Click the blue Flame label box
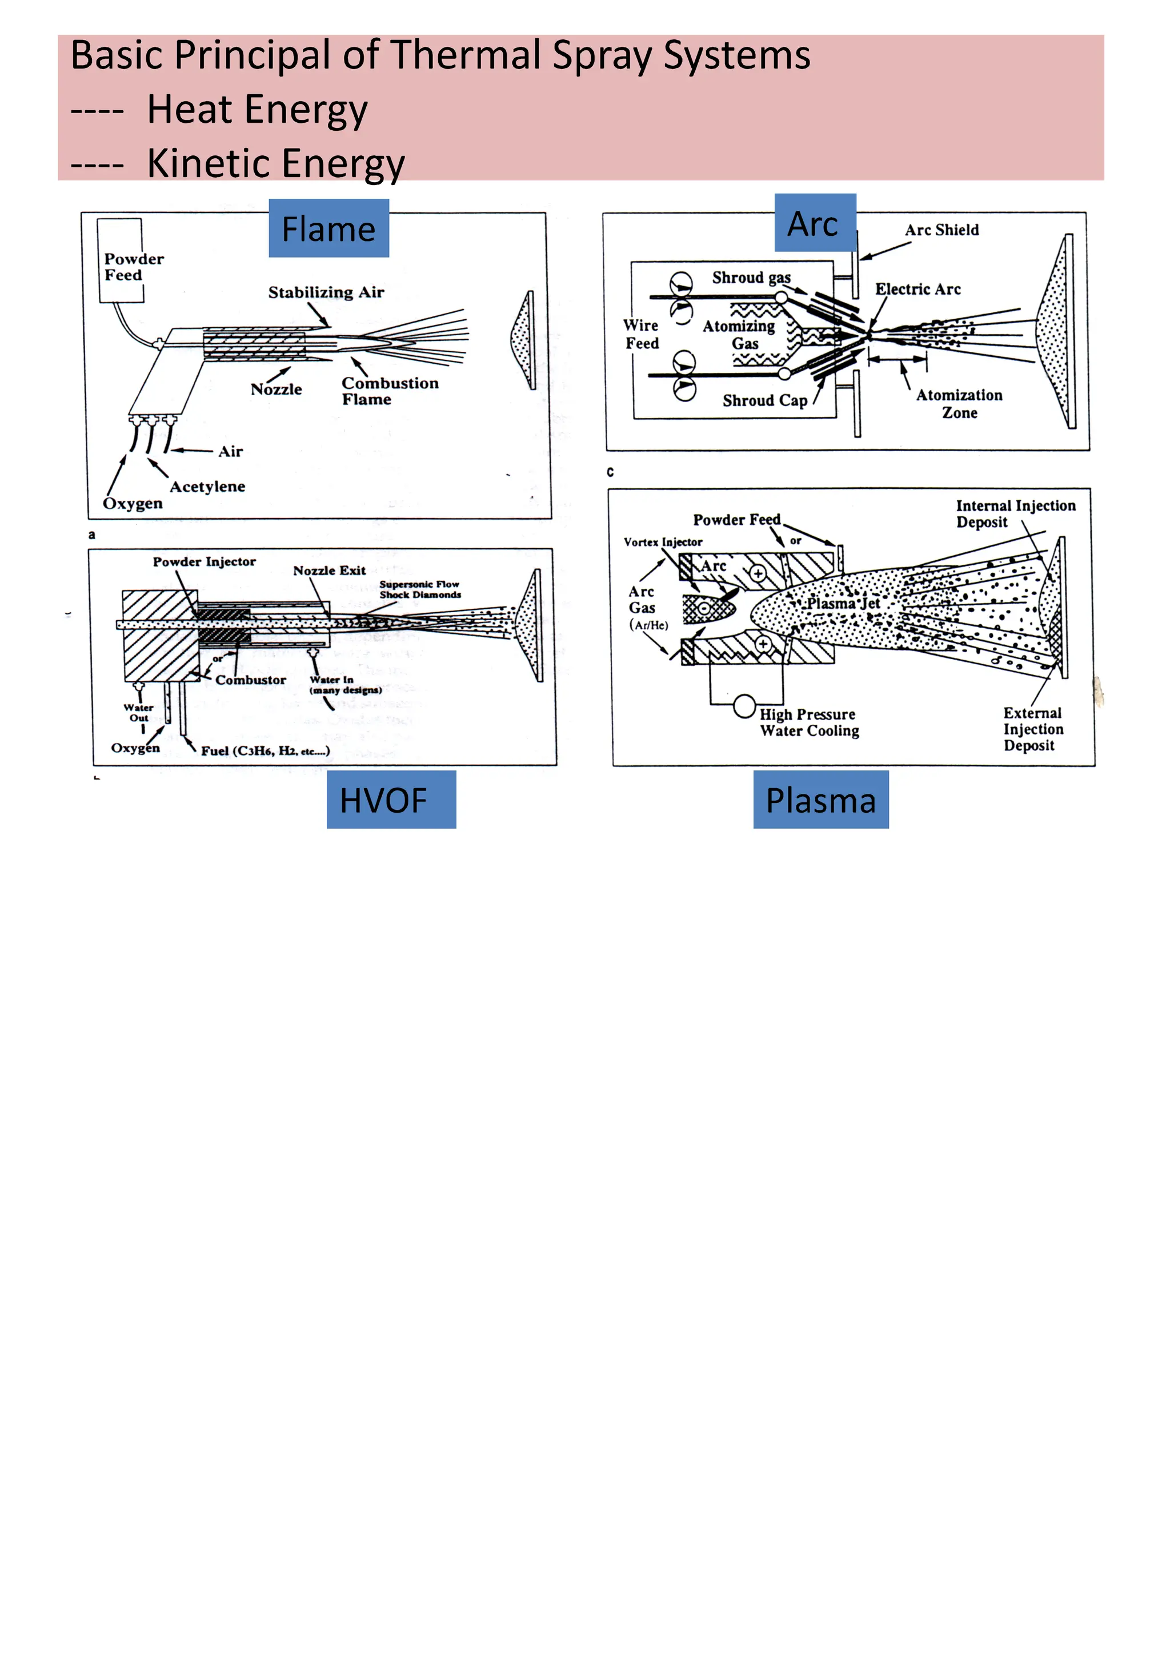coord(328,228)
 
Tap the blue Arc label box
coord(815,223)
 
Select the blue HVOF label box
coord(391,800)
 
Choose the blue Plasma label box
coord(820,800)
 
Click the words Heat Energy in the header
coord(257,110)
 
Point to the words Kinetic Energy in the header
coord(275,163)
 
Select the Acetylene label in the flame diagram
coord(207,487)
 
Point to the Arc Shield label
coord(941,230)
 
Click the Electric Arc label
coord(917,289)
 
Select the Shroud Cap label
coord(764,401)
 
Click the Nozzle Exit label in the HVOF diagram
coord(330,570)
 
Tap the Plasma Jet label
coord(843,602)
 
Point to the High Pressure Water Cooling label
coord(809,722)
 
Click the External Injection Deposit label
coord(1032,729)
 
